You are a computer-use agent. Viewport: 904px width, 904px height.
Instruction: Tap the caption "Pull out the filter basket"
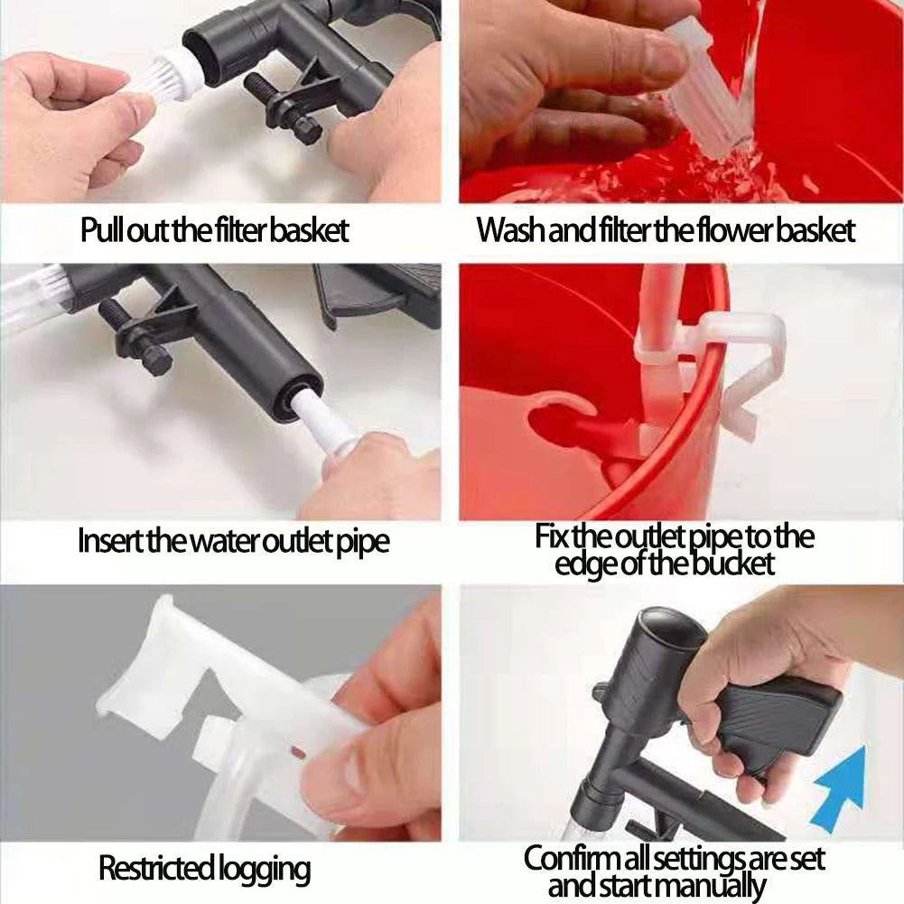coord(214,230)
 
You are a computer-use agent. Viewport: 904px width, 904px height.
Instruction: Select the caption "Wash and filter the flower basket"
coord(666,230)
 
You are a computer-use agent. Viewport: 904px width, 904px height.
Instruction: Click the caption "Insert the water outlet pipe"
coord(234,541)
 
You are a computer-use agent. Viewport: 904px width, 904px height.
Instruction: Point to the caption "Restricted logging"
coord(204,868)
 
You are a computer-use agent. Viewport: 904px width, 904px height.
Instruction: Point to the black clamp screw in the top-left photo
coord(283,108)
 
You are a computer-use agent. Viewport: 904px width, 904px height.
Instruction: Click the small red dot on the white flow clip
coord(297,751)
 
